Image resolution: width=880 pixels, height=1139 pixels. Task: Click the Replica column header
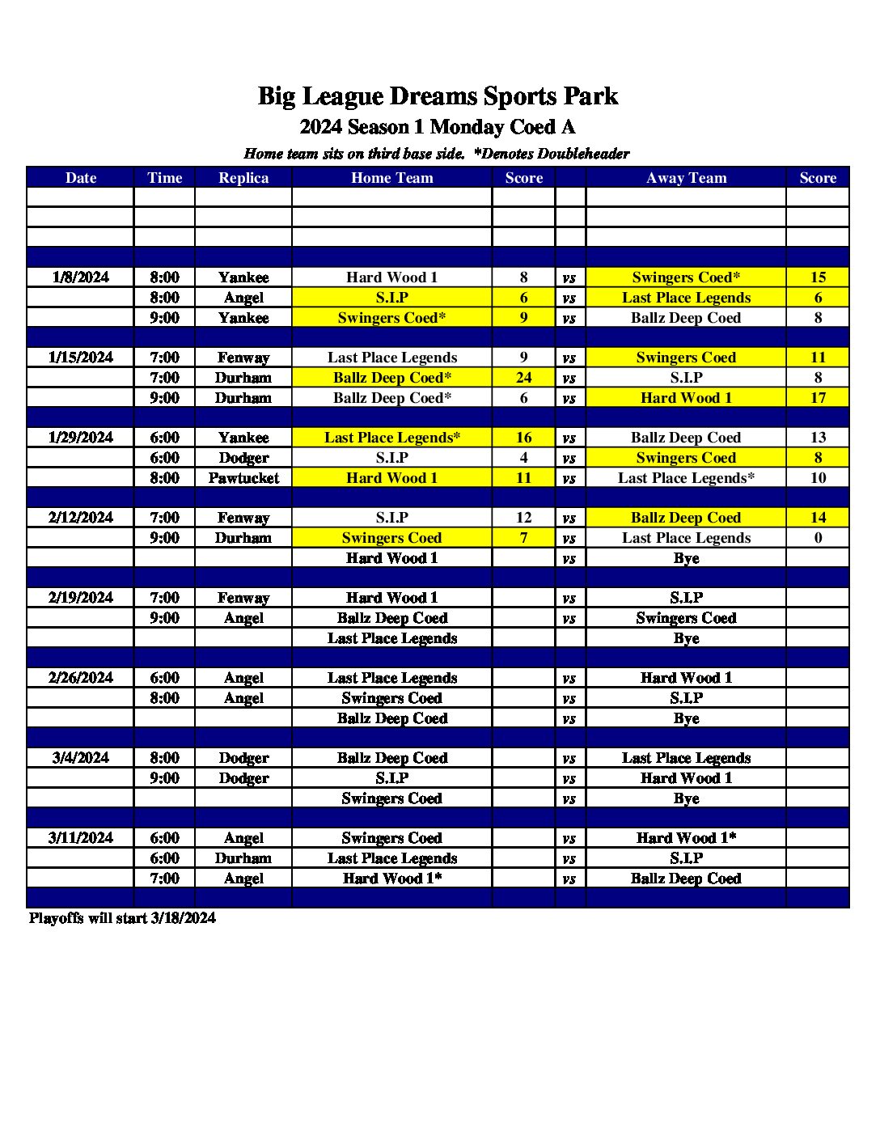click(x=243, y=178)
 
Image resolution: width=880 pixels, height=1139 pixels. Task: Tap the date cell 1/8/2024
click(x=80, y=277)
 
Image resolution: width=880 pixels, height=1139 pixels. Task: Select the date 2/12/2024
click(x=80, y=518)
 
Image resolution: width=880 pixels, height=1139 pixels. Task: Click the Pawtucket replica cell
click(x=243, y=478)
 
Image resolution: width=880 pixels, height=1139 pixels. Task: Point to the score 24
click(x=523, y=378)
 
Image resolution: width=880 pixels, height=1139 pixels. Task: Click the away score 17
click(x=818, y=398)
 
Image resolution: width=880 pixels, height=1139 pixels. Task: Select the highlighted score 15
click(x=818, y=277)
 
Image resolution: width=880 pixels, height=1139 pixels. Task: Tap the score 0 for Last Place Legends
click(x=818, y=538)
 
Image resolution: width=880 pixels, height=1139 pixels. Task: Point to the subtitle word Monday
click(x=467, y=127)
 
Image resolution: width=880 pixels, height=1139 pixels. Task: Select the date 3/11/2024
click(x=80, y=838)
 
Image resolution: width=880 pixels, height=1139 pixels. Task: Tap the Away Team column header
click(x=686, y=178)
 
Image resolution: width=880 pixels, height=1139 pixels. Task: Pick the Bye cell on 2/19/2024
click(x=686, y=638)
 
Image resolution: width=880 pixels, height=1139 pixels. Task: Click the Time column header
click(x=164, y=178)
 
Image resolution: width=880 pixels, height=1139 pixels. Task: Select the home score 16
click(x=523, y=438)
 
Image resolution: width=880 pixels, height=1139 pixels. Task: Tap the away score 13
click(x=818, y=438)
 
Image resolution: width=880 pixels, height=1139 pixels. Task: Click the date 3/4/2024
click(x=80, y=758)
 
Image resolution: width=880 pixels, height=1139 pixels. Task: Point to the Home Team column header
click(x=391, y=178)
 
